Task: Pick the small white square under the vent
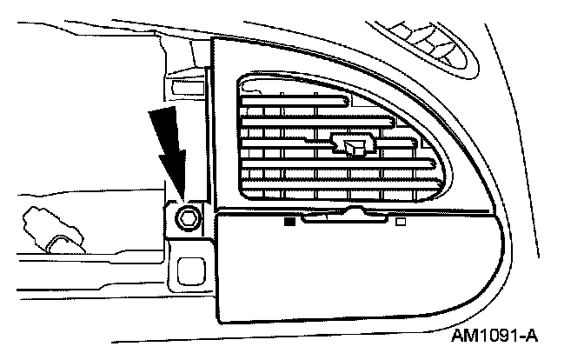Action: (x=401, y=221)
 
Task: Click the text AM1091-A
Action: (x=494, y=334)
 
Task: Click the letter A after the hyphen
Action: (x=531, y=334)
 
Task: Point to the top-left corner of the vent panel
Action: (x=217, y=42)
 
